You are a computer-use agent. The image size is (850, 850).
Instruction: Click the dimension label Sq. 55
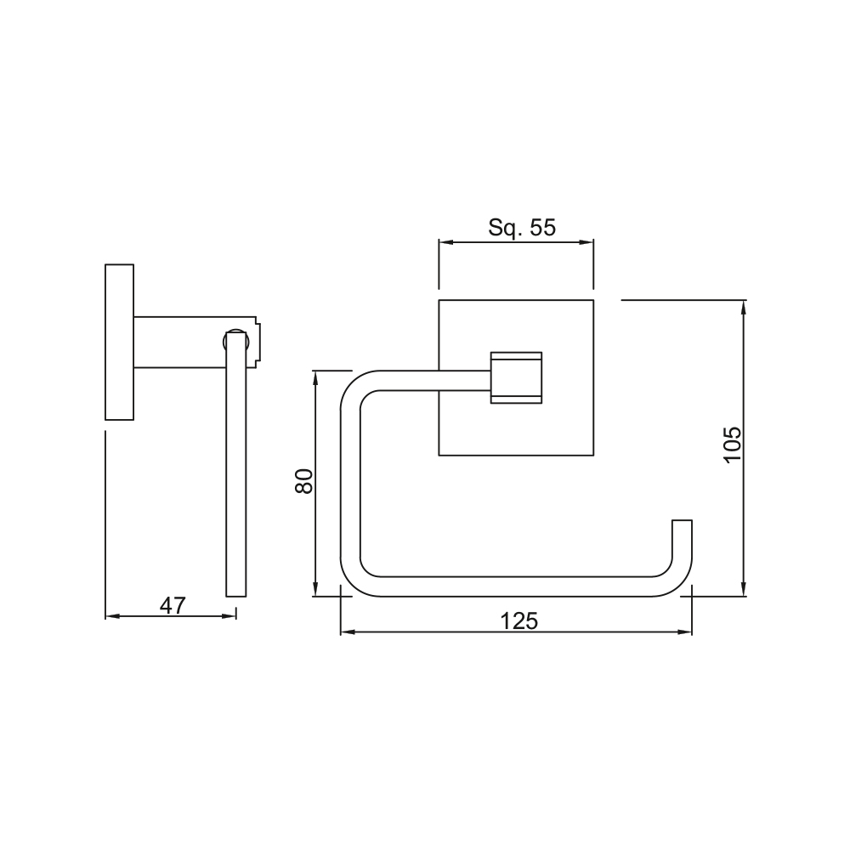coord(522,228)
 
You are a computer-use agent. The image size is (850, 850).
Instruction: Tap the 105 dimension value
coord(733,444)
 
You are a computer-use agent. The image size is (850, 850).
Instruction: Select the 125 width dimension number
coord(518,621)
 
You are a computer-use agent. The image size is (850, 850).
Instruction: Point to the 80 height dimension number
coord(304,481)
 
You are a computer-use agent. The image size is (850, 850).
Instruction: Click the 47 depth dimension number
coord(173,605)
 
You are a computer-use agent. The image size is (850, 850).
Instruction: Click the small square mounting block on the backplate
coord(516,377)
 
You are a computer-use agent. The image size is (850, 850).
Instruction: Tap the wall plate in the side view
coord(119,342)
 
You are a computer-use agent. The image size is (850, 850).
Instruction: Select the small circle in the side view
coord(235,342)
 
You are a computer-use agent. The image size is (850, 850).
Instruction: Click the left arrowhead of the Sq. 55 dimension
coord(445,242)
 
